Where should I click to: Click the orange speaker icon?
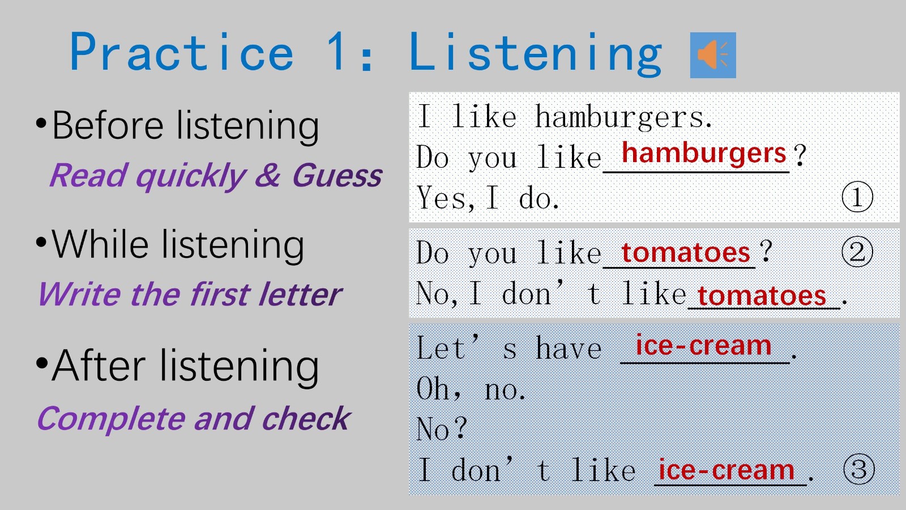tap(713, 55)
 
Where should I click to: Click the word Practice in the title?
tap(182, 52)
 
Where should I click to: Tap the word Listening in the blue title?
tap(536, 54)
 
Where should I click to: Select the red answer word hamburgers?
tap(704, 153)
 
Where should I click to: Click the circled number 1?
tap(857, 197)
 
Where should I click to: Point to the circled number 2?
tap(857, 252)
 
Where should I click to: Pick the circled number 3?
tap(859, 469)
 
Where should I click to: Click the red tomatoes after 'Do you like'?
tap(686, 253)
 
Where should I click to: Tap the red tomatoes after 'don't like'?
tap(762, 296)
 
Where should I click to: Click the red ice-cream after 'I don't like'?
tap(726, 470)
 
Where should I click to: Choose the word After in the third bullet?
tap(99, 365)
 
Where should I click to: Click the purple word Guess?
tap(337, 176)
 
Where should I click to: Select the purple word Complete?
tap(111, 419)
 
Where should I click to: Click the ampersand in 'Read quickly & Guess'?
tap(267, 175)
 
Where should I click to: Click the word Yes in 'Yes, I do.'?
tap(442, 198)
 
